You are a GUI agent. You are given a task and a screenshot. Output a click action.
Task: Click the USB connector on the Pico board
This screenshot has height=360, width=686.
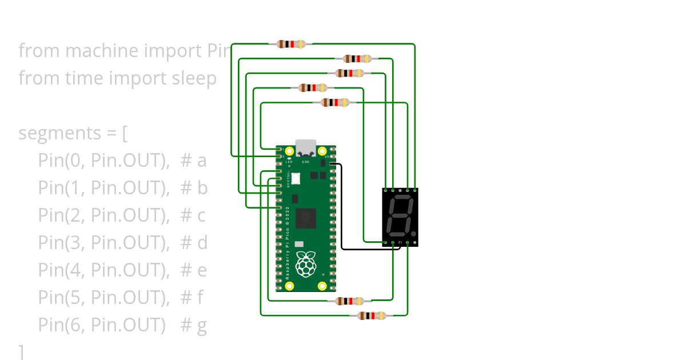click(x=306, y=147)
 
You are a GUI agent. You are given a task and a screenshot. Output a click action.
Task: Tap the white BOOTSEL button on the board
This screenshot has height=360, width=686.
click(x=297, y=178)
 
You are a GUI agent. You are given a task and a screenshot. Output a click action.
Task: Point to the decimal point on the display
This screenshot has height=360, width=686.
click(x=413, y=234)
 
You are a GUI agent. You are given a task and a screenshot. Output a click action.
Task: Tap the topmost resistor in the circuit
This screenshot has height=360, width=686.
click(x=290, y=44)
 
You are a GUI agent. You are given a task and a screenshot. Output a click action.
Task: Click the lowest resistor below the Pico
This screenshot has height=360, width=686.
click(x=372, y=315)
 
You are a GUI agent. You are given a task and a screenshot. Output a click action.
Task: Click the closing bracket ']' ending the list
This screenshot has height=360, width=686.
click(x=22, y=351)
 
